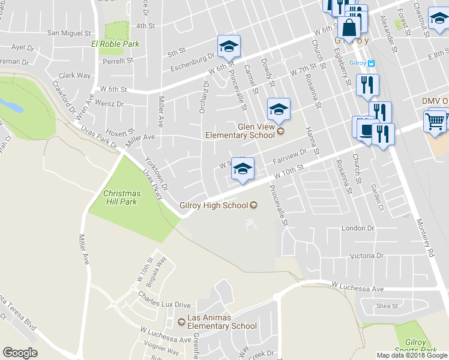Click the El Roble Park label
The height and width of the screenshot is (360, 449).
[115, 44]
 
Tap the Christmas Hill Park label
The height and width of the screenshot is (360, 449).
[122, 197]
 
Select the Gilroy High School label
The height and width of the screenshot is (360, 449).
[214, 205]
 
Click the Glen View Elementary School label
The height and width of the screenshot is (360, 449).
[240, 131]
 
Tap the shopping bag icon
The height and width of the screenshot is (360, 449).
[349, 27]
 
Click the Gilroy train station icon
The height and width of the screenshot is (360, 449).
[372, 63]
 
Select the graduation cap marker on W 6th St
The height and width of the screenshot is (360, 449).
[228, 47]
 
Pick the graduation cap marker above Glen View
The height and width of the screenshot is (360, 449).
[278, 109]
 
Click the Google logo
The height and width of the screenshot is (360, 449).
[20, 353]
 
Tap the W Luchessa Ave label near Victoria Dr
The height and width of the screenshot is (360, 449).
[357, 289]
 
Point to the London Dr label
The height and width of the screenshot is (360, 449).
[358, 229]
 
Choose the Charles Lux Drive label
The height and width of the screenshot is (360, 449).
[164, 304]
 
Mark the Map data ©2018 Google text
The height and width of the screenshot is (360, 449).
[412, 355]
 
